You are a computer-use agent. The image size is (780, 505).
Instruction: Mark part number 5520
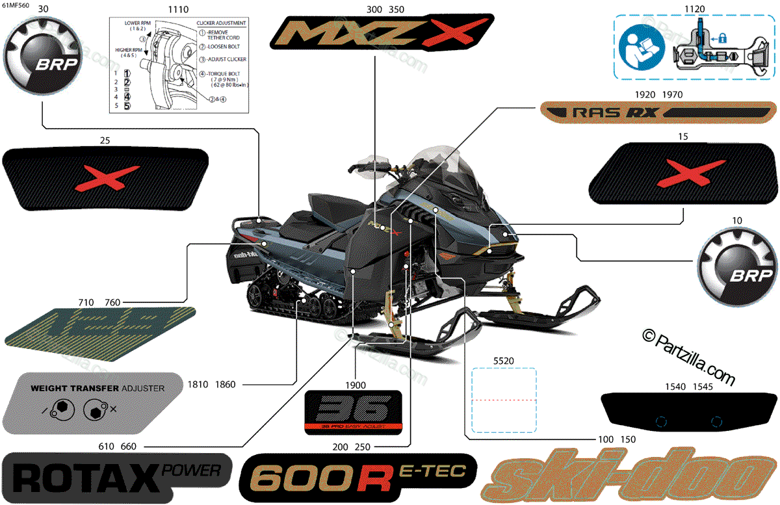pyautogui.click(x=503, y=359)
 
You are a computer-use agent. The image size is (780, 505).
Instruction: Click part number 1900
pyautogui.click(x=356, y=383)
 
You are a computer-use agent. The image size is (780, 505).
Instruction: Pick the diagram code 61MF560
pyautogui.click(x=16, y=5)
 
